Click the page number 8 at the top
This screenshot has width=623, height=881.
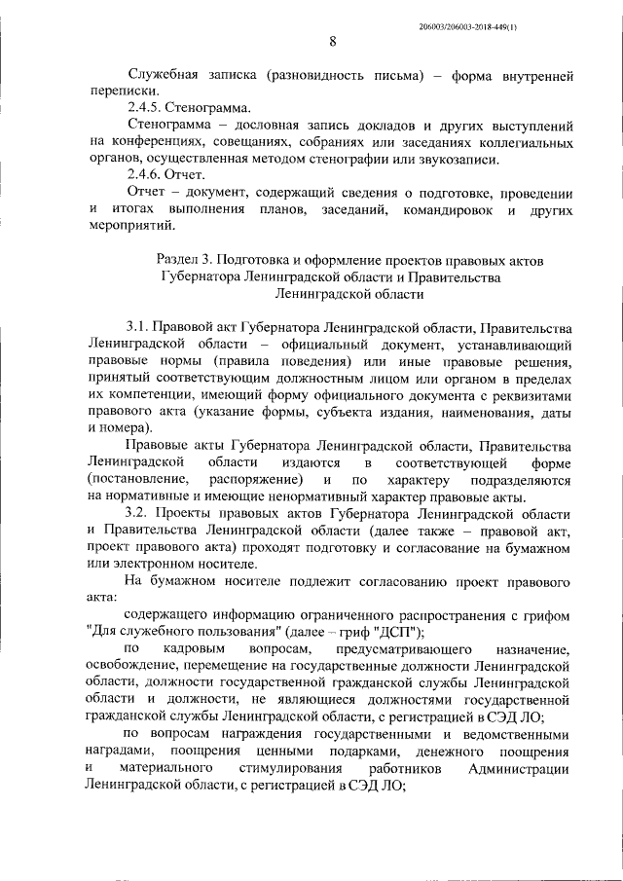coord(332,41)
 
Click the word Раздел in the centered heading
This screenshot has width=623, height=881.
coord(179,260)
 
